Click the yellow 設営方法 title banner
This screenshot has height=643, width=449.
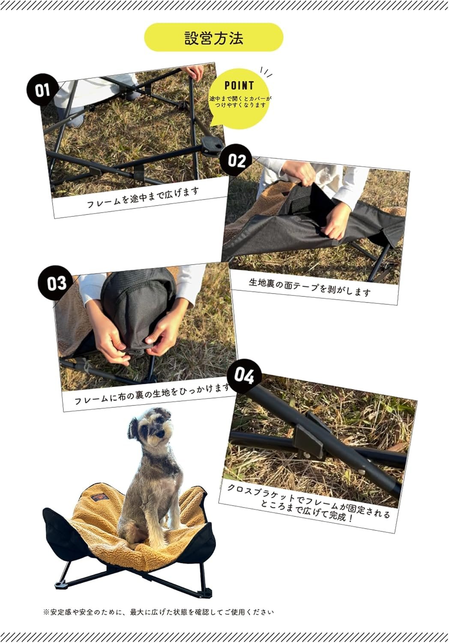213,37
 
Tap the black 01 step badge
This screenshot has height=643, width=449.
42,90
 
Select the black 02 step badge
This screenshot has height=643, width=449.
236,160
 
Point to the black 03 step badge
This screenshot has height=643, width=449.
55,283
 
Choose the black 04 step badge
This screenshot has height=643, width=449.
244,376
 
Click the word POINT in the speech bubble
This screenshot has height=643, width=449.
239,86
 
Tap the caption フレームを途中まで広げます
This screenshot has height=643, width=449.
143,197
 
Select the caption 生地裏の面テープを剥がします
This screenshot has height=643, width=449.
310,287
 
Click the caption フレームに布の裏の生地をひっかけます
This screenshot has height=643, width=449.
152,393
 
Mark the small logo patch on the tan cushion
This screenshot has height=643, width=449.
100,497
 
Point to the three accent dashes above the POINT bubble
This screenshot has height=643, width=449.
266,72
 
